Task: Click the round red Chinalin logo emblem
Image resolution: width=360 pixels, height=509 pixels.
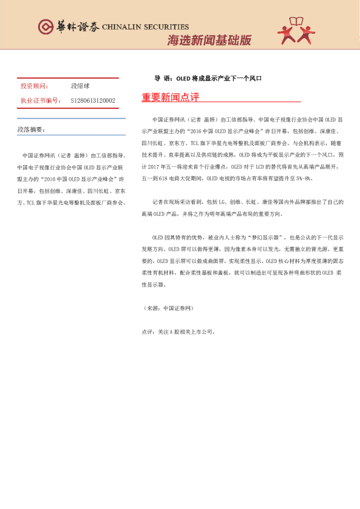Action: click(x=45, y=27)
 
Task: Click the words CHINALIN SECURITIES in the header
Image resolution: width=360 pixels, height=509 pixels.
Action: click(x=145, y=27)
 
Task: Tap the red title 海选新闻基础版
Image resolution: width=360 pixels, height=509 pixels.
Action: click(x=209, y=41)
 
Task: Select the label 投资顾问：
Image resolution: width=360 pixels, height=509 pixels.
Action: click(x=35, y=86)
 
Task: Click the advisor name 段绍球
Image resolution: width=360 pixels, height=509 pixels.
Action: click(x=80, y=86)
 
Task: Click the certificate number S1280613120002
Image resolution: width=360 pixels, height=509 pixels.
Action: click(x=93, y=100)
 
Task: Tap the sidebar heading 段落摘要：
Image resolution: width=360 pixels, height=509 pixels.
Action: click(x=31, y=130)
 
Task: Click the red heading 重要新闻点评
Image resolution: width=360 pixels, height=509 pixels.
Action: click(x=170, y=97)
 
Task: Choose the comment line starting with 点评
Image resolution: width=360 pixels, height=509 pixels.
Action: click(x=178, y=332)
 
